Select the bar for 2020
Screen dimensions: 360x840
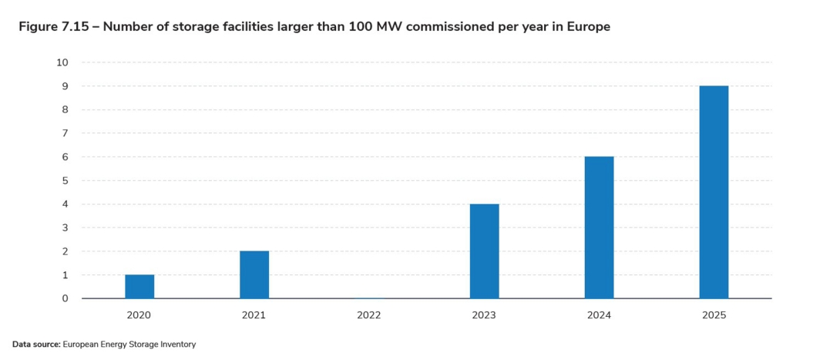pyautogui.click(x=139, y=287)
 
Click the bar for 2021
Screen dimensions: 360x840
pyautogui.click(x=254, y=275)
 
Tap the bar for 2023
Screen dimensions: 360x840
pyautogui.click(x=484, y=251)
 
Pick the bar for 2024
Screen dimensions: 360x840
pyautogui.click(x=599, y=227)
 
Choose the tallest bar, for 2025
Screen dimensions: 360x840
pyautogui.click(x=714, y=192)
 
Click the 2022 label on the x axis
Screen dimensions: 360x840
pyautogui.click(x=369, y=315)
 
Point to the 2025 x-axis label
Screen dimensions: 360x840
pyautogui.click(x=714, y=315)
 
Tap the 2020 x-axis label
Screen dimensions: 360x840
pyautogui.click(x=139, y=315)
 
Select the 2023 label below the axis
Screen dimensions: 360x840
pyautogui.click(x=484, y=315)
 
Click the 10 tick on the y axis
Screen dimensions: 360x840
pyautogui.click(x=62, y=62)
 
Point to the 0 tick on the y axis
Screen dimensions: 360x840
pyautogui.click(x=65, y=298)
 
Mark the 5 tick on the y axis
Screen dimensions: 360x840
pyautogui.click(x=65, y=180)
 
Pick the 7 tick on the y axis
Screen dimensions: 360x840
pyautogui.click(x=65, y=133)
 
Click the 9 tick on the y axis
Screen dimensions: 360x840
pyautogui.click(x=65, y=86)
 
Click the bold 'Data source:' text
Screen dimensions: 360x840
pyautogui.click(x=36, y=345)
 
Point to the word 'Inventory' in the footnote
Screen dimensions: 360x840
pyautogui.click(x=177, y=345)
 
